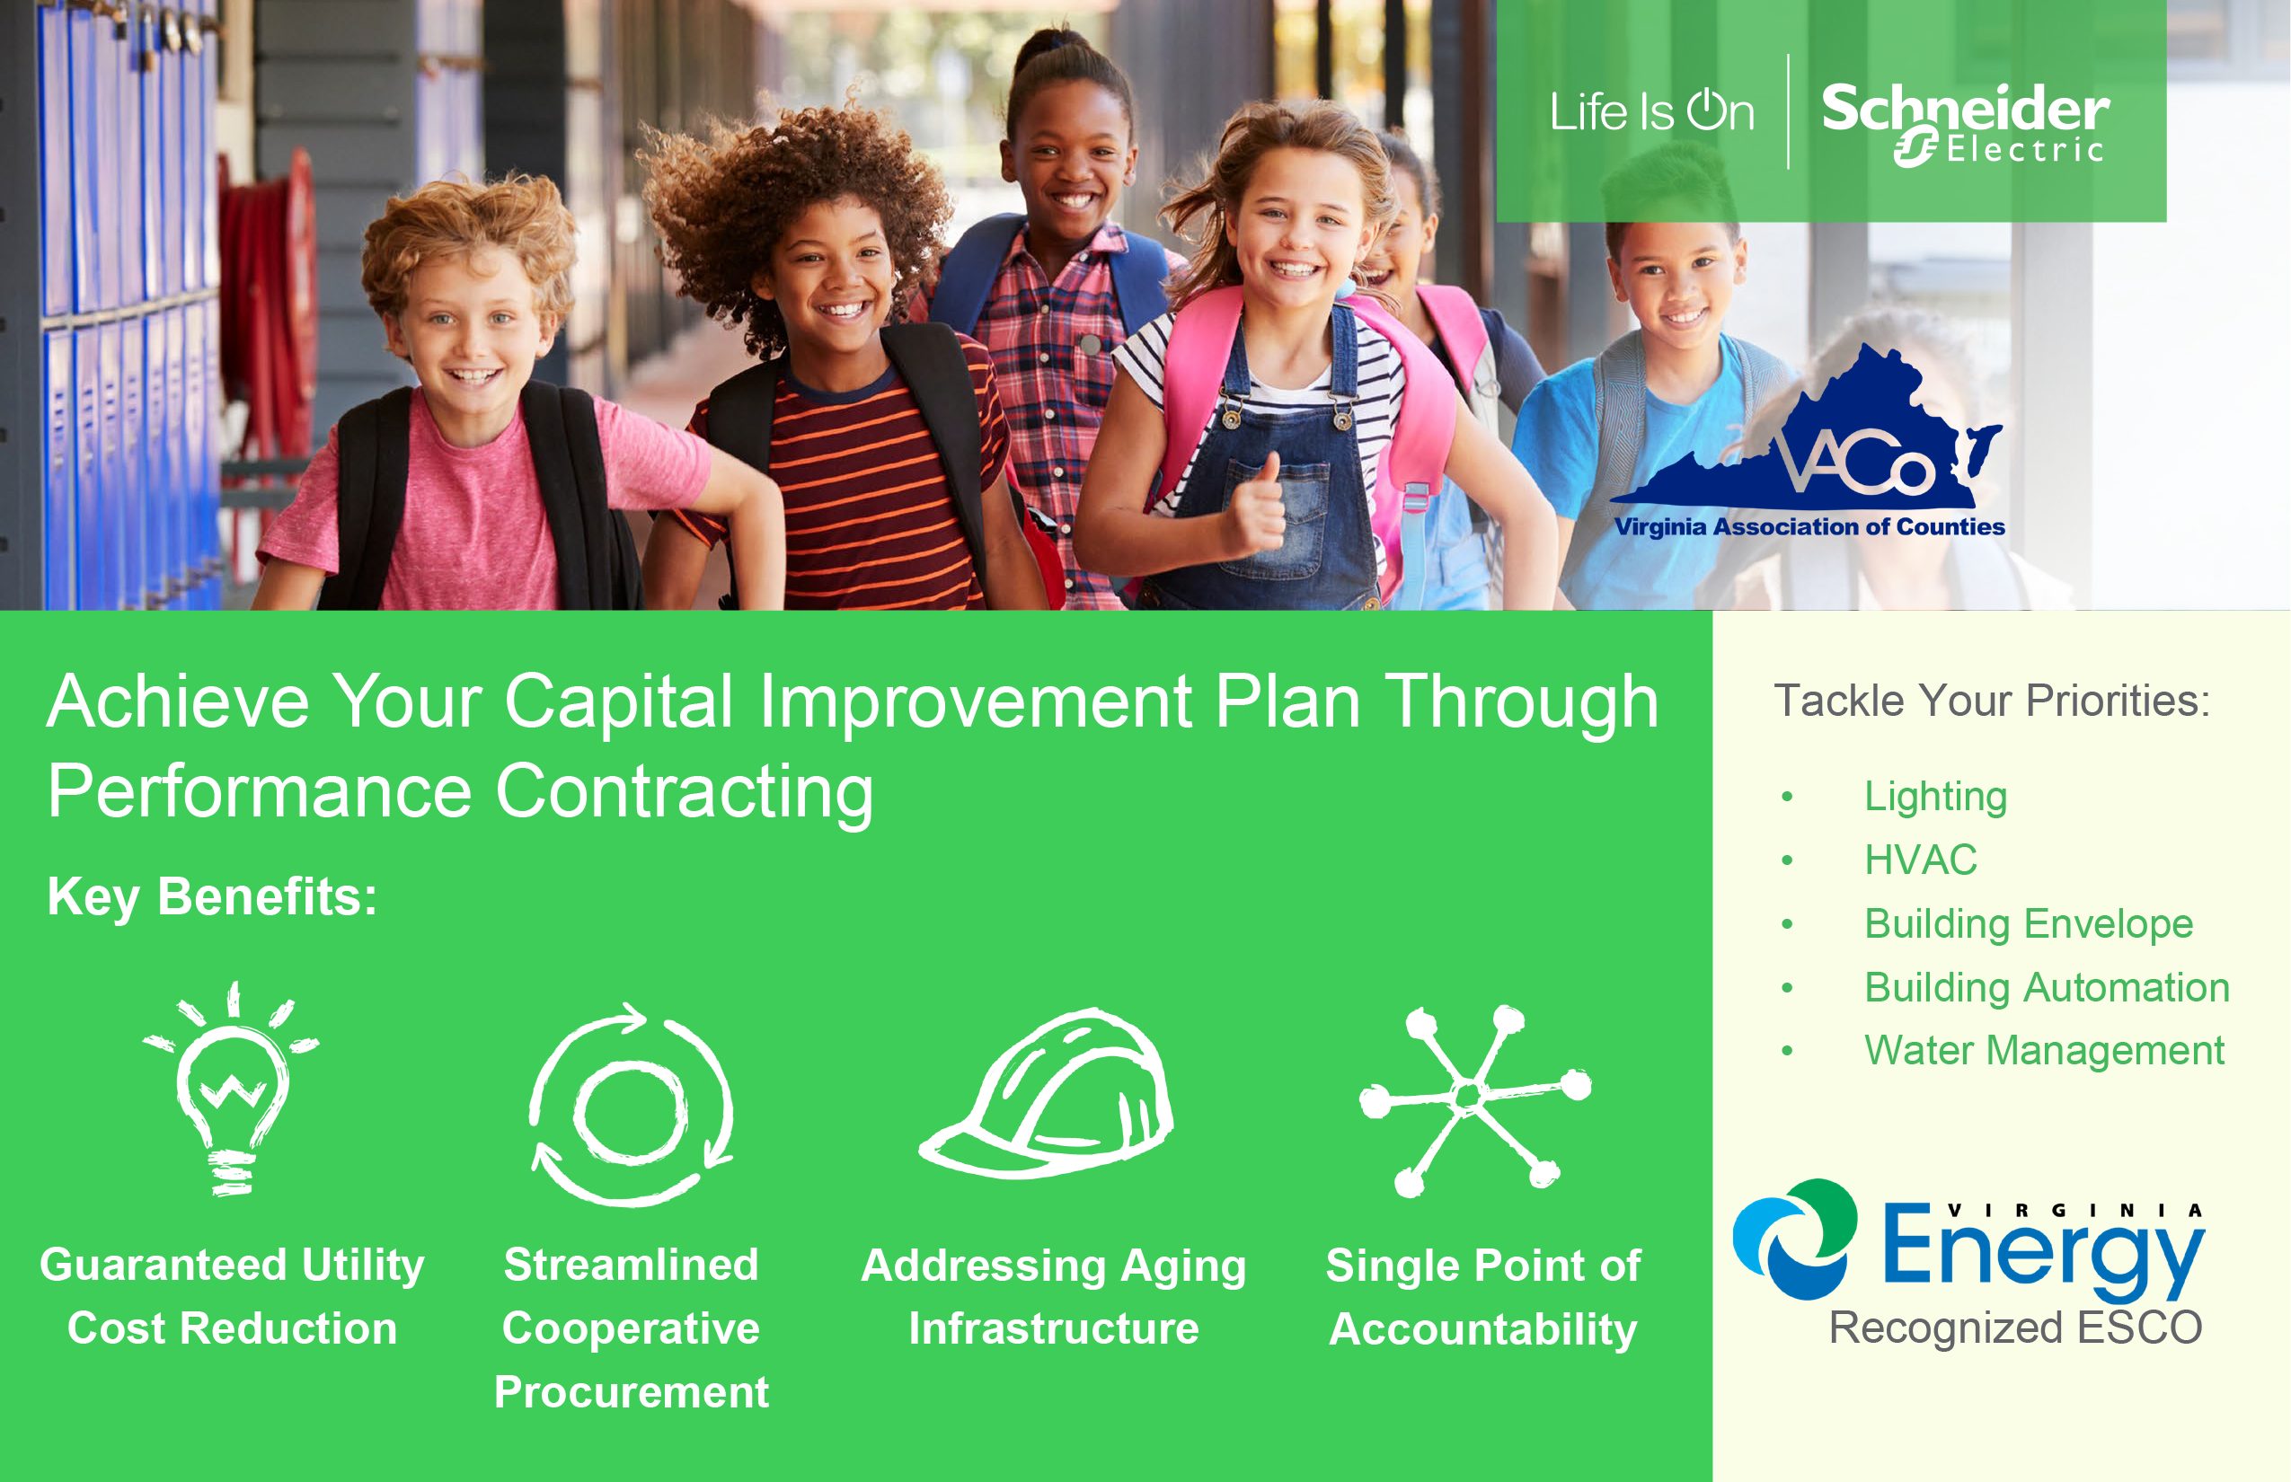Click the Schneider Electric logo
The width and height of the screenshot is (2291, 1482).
pyautogui.click(x=1964, y=123)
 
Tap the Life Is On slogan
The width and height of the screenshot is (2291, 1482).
pyautogui.click(x=1652, y=111)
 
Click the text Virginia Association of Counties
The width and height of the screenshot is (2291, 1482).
pyautogui.click(x=1809, y=526)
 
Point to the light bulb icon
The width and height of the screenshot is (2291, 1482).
pyautogui.click(x=231, y=1089)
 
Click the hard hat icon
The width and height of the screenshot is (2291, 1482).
pyautogui.click(x=1048, y=1093)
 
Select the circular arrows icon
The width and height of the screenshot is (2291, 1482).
pyautogui.click(x=632, y=1104)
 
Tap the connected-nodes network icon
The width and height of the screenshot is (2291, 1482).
pyautogui.click(x=1474, y=1100)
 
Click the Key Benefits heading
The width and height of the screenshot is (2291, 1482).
pyautogui.click(x=213, y=897)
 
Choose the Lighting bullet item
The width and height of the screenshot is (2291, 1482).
pyautogui.click(x=1935, y=797)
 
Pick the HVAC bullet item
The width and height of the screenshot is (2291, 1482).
pyautogui.click(x=1921, y=860)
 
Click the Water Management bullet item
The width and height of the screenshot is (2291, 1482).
pyautogui.click(x=2044, y=1050)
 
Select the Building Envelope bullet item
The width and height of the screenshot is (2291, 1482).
pyautogui.click(x=2029, y=924)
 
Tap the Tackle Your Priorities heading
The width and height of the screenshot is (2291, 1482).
pyautogui.click(x=1992, y=701)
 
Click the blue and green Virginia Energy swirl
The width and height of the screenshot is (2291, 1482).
pyautogui.click(x=1795, y=1239)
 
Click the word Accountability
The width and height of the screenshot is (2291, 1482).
pyautogui.click(x=1482, y=1330)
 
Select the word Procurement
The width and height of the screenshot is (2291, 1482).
pyautogui.click(x=632, y=1392)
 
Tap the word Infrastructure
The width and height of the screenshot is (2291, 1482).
pyautogui.click(x=1054, y=1329)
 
